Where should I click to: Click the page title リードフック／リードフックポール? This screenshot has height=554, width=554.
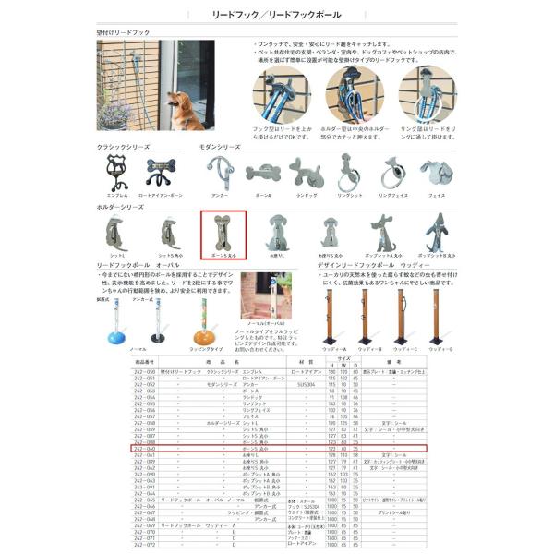tap(276, 16)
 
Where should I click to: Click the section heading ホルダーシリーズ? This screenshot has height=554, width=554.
tap(121, 208)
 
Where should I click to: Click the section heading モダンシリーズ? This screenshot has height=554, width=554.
tap(220, 146)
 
